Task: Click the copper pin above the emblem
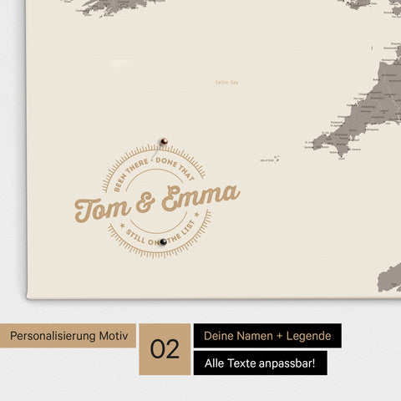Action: click(164, 141)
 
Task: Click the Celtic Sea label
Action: click(227, 82)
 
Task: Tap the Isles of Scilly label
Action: click(268, 160)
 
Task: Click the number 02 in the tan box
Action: click(165, 349)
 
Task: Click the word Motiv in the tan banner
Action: click(114, 336)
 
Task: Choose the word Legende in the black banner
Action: click(305, 336)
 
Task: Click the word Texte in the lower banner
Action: click(240, 363)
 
